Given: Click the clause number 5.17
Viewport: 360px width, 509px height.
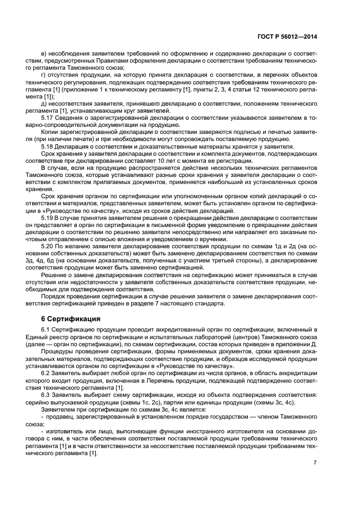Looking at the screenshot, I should (47, 117).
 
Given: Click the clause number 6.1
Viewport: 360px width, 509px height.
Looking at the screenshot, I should (46, 330).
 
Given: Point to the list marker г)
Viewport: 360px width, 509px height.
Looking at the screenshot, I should (44, 75).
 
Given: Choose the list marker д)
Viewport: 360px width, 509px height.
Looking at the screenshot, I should (44, 103).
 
